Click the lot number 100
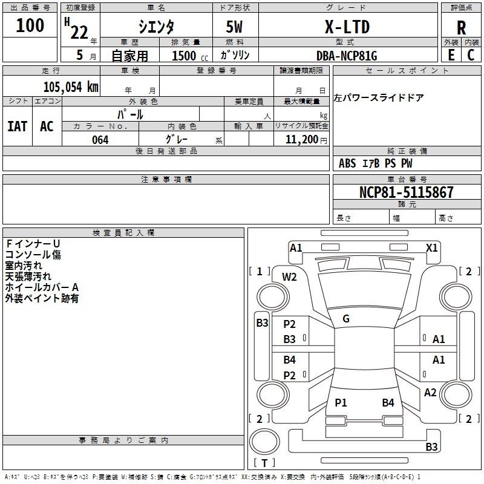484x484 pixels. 30,25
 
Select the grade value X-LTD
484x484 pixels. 347,27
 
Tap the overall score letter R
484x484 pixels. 461,28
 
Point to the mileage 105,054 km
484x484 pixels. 71,87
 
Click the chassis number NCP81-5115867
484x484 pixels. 407,192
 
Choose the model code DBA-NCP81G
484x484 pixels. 347,56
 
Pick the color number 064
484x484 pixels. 100,140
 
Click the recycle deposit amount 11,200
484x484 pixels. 302,140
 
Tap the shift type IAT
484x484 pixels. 18,126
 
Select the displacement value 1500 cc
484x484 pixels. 190,56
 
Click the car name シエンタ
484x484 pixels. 156,27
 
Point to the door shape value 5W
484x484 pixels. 234,27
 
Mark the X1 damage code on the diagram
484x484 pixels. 431,248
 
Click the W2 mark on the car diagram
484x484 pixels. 289,277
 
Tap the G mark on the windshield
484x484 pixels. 346,319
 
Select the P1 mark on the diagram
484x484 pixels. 341,402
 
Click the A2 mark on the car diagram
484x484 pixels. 430,393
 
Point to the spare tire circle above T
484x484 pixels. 264,442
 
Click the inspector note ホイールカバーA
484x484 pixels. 42,287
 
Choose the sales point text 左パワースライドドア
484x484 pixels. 379,97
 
